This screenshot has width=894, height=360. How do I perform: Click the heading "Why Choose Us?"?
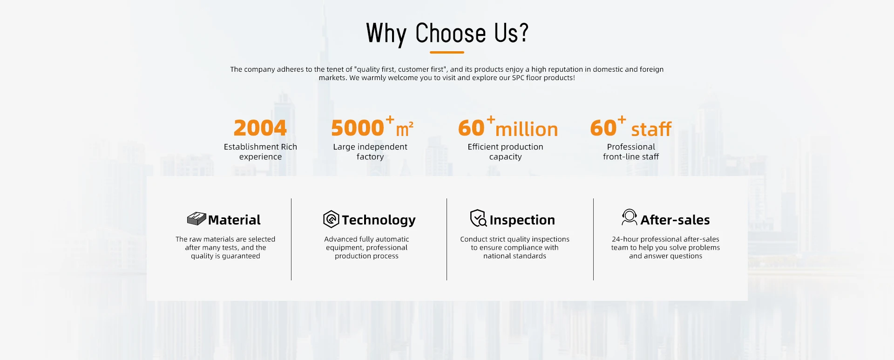[447, 34]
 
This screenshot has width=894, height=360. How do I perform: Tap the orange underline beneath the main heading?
[447, 52]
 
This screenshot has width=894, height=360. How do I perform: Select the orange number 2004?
[260, 128]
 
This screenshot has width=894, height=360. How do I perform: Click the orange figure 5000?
[358, 128]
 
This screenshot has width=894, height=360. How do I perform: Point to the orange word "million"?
[527, 129]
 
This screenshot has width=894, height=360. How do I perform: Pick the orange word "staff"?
[651, 129]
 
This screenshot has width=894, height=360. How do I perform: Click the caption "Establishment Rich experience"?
[260, 152]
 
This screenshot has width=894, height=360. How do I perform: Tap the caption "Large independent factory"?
[370, 152]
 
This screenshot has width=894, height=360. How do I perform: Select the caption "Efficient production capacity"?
[505, 152]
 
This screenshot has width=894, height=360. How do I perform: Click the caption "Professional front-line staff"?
[631, 152]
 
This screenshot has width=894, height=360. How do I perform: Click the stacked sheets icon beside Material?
[196, 219]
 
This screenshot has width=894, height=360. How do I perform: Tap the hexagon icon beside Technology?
[331, 219]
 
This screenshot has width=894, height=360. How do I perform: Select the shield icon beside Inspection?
[478, 218]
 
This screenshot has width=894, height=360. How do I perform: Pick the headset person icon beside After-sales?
[630, 217]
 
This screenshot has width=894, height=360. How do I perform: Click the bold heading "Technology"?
[379, 220]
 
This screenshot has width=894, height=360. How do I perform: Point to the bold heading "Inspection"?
[522, 220]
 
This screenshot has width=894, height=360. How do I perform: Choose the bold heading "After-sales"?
[675, 220]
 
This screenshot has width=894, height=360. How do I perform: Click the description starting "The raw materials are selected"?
[225, 247]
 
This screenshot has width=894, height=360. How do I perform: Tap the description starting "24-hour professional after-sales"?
[665, 247]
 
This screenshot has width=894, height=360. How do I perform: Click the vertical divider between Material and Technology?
[291, 239]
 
